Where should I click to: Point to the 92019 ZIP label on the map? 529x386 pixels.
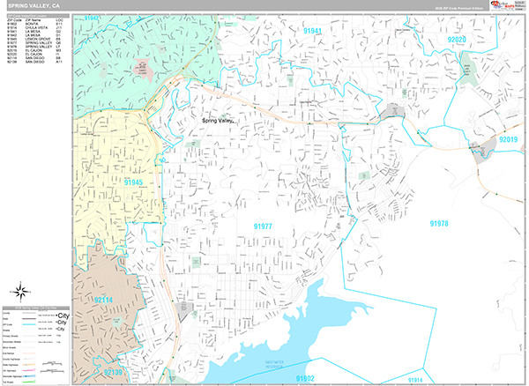[x=510, y=139]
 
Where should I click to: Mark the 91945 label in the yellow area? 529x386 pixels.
[x=133, y=182]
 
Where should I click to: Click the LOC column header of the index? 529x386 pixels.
[x=58, y=19]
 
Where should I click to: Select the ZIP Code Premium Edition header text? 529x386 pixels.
[x=465, y=9]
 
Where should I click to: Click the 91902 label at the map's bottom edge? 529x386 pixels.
[x=305, y=378]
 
